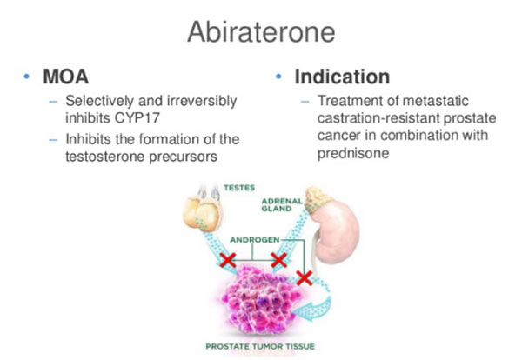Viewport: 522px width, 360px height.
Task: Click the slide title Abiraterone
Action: coord(261,32)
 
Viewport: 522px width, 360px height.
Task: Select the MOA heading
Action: coord(65,77)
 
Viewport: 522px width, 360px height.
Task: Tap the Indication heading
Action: coord(342,77)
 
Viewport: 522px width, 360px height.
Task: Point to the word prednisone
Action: coord(353,153)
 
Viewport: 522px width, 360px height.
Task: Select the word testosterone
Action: coord(105,157)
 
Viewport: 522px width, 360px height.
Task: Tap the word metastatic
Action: coord(435,101)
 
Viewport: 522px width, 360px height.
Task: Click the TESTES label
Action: coord(239,188)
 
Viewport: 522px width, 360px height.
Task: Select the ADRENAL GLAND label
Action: coord(282,205)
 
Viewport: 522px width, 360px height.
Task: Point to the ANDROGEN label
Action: coord(255,240)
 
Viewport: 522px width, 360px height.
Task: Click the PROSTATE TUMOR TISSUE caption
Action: coord(260,346)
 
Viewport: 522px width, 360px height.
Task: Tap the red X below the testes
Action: coord(228,260)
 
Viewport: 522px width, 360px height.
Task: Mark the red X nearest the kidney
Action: coord(304,278)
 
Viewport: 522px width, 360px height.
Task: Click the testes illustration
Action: coord(202,210)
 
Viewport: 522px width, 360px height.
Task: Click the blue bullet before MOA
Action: coord(27,77)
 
